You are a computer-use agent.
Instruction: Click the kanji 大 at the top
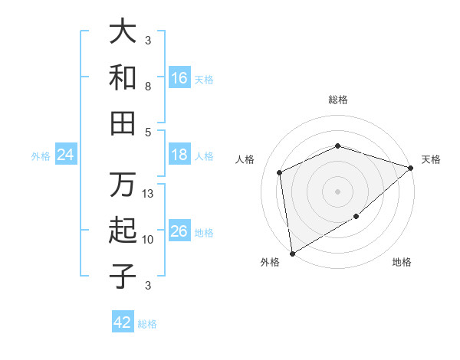pos(123,32)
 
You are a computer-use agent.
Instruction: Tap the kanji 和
pos(123,77)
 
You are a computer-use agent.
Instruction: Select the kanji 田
pos(123,123)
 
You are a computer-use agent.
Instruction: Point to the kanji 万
pos(123,186)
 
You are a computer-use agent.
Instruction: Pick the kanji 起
pos(123,231)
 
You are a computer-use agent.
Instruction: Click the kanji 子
pos(123,276)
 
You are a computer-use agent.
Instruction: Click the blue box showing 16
pos(179,78)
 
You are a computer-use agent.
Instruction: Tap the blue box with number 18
pos(179,155)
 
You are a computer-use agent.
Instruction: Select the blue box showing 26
pos(179,231)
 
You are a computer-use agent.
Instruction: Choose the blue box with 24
pos(65,155)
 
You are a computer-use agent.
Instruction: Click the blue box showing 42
pos(123,322)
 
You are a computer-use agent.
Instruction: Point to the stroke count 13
pos(149,194)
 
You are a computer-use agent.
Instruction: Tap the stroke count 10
pos(149,240)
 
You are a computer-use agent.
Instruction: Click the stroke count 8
pos(148,87)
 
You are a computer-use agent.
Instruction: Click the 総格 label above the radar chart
pos(337,100)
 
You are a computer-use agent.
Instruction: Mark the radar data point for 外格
pos(292,253)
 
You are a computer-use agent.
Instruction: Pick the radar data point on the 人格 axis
pos(280,172)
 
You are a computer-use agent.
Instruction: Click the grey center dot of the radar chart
pos(337,191)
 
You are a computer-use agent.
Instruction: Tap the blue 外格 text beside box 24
pos(41,156)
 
